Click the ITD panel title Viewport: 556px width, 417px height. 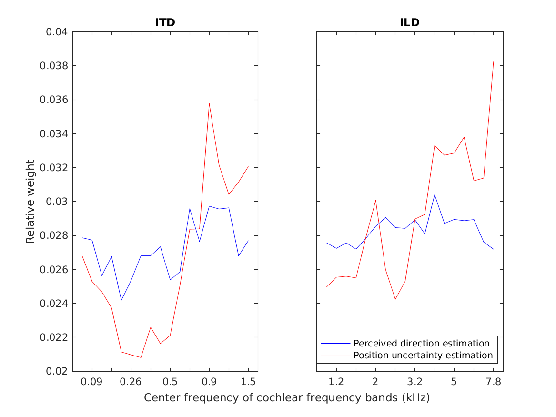pyautogui.click(x=165, y=22)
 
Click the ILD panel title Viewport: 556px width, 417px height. pyautogui.click(x=410, y=22)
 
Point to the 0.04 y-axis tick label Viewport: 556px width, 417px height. pyautogui.click(x=56, y=32)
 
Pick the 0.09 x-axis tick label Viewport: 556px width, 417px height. pyautogui.click(x=92, y=381)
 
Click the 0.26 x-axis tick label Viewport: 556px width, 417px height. pyautogui.click(x=131, y=381)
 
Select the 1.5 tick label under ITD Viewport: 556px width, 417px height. pyautogui.click(x=248, y=381)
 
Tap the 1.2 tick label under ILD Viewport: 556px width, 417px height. pyautogui.click(x=336, y=381)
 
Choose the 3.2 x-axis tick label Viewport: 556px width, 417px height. pyautogui.click(x=414, y=381)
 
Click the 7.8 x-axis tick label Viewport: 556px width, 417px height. pyautogui.click(x=493, y=381)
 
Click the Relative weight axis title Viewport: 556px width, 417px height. pyautogui.click(x=30, y=202)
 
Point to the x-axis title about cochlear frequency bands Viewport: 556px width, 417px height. pyautogui.click(x=287, y=397)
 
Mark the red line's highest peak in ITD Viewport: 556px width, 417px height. pyautogui.click(x=209, y=103)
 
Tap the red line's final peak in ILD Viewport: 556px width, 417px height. pyautogui.click(x=493, y=62)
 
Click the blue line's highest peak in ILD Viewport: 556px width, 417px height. pyautogui.click(x=435, y=194)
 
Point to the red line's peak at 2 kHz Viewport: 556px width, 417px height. pyautogui.click(x=375, y=200)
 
